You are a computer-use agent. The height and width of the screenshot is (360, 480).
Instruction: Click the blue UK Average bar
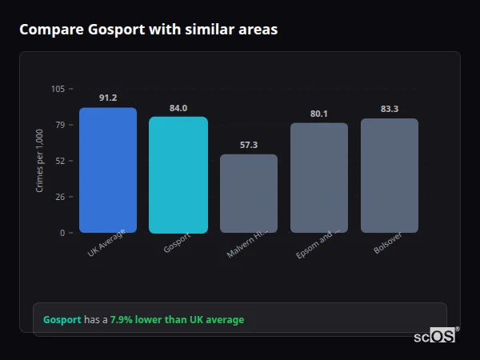pos(108,170)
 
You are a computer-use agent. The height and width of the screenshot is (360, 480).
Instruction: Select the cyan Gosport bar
pos(178,175)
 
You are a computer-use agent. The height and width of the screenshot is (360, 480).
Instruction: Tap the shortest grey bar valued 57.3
pos(249,194)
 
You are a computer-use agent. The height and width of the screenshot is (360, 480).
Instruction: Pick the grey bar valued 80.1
pos(319,178)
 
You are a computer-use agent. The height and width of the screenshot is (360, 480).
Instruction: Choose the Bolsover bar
pos(390,176)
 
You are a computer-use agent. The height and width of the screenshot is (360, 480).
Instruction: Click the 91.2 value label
pos(108,98)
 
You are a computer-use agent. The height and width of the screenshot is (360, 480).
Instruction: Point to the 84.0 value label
pos(178,108)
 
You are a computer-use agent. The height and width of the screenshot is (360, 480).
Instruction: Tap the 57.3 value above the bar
pos(249,145)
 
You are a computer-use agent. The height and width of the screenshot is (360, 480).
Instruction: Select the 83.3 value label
pos(390,109)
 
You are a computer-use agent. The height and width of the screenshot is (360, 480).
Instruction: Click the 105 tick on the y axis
pos(58,89)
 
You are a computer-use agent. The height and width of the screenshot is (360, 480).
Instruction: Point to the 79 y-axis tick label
pos(59,125)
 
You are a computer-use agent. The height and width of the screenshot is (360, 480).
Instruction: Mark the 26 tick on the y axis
pos(59,197)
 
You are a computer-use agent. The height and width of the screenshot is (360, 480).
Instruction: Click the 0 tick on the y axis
pos(62,233)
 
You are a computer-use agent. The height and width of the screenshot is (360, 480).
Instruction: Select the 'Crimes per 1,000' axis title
pos(39,161)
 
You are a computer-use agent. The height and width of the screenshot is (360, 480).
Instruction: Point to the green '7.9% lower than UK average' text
pos(177,320)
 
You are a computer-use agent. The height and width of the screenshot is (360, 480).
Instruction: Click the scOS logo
pos(435,337)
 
